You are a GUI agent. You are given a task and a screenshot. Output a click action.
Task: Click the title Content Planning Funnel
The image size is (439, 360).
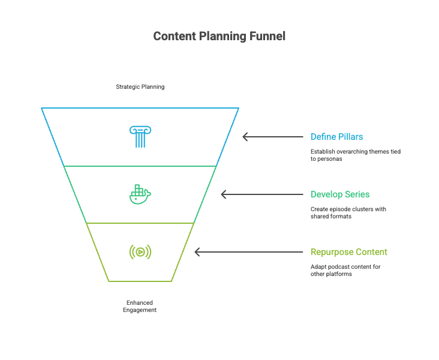220,36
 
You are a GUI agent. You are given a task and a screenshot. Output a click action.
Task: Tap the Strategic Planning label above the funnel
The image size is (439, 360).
140,87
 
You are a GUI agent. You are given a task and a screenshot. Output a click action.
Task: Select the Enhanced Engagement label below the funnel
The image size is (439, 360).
140,307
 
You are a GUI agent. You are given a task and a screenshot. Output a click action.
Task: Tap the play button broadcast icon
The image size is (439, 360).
140,252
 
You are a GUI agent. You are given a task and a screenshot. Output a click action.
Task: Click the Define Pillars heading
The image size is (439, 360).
336,137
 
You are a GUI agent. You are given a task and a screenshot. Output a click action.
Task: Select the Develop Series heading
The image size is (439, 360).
340,194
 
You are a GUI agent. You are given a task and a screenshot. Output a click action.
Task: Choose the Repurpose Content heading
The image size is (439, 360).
349,252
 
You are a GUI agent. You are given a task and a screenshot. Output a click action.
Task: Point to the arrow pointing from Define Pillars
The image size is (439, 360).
273,137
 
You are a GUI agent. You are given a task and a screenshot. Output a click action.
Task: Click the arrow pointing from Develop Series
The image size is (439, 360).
262,194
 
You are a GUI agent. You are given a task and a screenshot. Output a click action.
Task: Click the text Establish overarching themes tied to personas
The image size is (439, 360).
355,155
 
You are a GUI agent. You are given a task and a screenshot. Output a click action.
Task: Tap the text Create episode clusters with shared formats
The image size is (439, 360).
348,212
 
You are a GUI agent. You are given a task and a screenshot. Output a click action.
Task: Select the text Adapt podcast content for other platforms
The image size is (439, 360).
345,270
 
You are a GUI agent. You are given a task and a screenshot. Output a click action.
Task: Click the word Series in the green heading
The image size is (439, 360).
357,194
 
